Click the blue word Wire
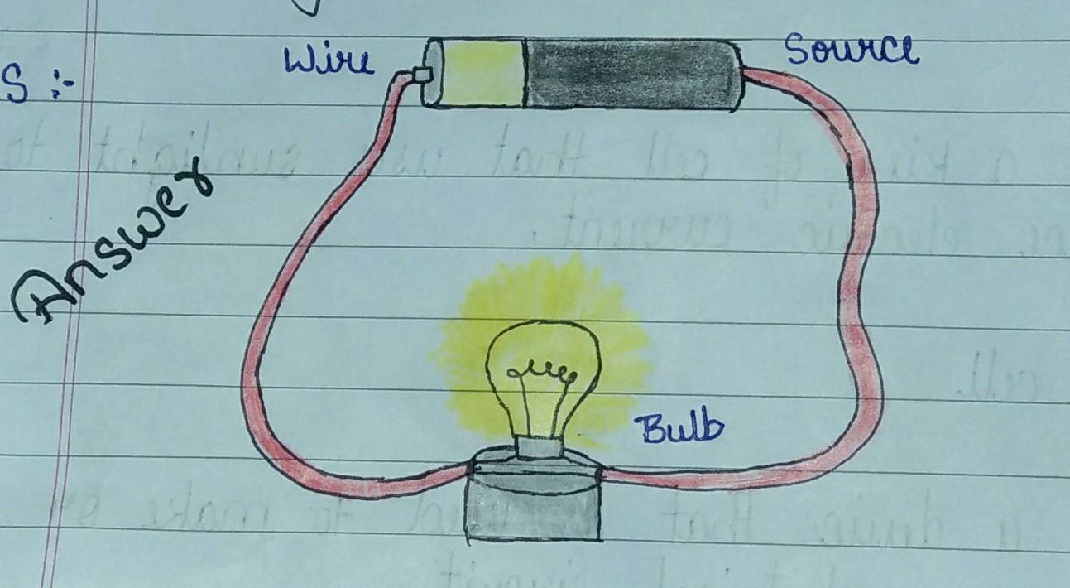(x=328, y=61)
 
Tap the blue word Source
(x=852, y=51)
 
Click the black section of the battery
(x=632, y=75)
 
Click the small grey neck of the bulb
(x=539, y=448)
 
